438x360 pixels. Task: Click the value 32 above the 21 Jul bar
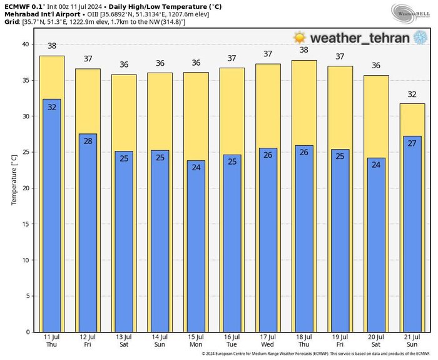412,95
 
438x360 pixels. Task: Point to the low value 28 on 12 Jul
88,141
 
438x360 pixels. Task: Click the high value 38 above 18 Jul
304,51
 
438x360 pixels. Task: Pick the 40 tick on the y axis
26,44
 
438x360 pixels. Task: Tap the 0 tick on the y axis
28,332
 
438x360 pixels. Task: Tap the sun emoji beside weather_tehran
300,38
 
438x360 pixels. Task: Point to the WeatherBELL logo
409,13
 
